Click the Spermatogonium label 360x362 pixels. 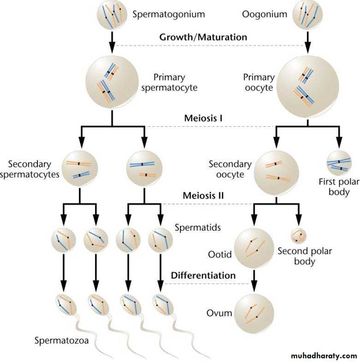168,14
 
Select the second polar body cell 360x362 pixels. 299,236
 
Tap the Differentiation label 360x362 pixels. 204,276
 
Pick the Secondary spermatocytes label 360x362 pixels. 36,169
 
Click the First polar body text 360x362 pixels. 339,186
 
